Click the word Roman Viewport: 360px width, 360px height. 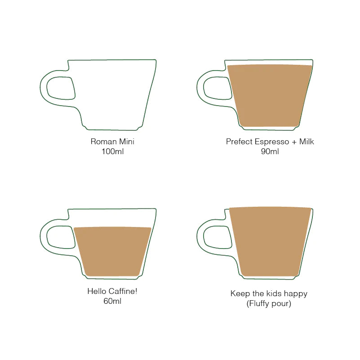103,142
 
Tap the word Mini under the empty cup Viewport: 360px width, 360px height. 127,142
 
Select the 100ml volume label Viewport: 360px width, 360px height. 112,151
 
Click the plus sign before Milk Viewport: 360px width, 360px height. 294,142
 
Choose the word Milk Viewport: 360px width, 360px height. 307,142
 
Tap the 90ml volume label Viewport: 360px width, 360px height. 270,151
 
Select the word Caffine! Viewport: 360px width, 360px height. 123,291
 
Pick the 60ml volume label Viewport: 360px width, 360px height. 112,301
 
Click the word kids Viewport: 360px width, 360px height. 275,293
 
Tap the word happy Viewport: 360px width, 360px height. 296,294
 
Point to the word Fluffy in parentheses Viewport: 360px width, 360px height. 259,304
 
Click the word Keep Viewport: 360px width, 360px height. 240,293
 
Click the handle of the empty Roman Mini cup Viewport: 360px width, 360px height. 44,89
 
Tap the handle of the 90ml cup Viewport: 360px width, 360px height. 200,89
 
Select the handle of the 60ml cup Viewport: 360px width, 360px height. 44,237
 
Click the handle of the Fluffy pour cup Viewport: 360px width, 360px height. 200,237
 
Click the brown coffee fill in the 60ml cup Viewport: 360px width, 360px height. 112,252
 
